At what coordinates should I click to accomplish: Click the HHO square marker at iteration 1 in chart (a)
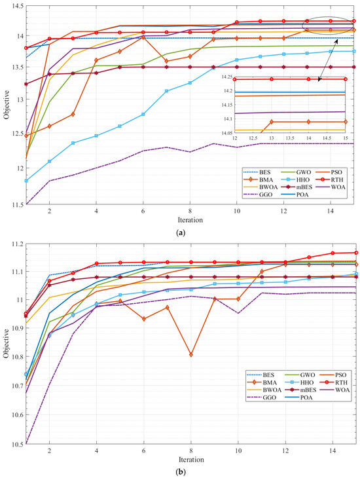tap(26, 181)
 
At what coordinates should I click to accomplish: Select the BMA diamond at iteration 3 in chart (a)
tap(73, 114)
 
